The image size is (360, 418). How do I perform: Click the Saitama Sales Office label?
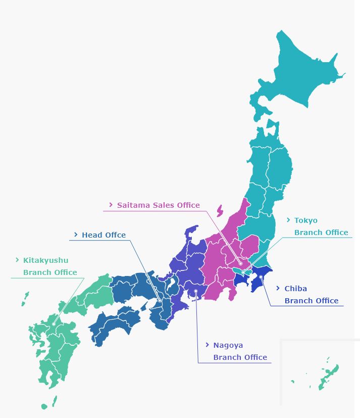pos(159,205)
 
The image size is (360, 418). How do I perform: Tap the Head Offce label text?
pos(104,235)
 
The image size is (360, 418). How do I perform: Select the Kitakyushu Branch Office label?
pos(50,266)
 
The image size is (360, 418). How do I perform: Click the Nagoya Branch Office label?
pos(240,351)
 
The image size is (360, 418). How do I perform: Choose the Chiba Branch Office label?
pos(311,295)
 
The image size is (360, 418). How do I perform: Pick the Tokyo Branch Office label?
pos(321,226)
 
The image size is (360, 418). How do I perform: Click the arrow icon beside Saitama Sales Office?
pos(111,205)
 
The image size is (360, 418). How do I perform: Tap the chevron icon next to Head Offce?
pos(76,235)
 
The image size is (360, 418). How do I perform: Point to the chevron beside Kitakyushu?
pos(17,260)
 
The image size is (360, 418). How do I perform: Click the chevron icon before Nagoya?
pos(207,345)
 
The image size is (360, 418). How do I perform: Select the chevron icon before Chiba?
pos(278,289)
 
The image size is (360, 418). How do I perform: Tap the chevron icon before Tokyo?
pos(288,220)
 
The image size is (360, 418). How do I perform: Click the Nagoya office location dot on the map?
pos(196,291)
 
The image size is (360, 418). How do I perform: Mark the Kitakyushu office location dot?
pos(54,324)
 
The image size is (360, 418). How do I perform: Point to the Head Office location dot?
pos(160,301)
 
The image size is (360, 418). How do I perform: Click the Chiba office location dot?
pos(261,276)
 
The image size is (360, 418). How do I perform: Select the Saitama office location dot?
pos(241,263)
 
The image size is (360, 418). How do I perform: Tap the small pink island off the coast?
pos(220,210)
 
